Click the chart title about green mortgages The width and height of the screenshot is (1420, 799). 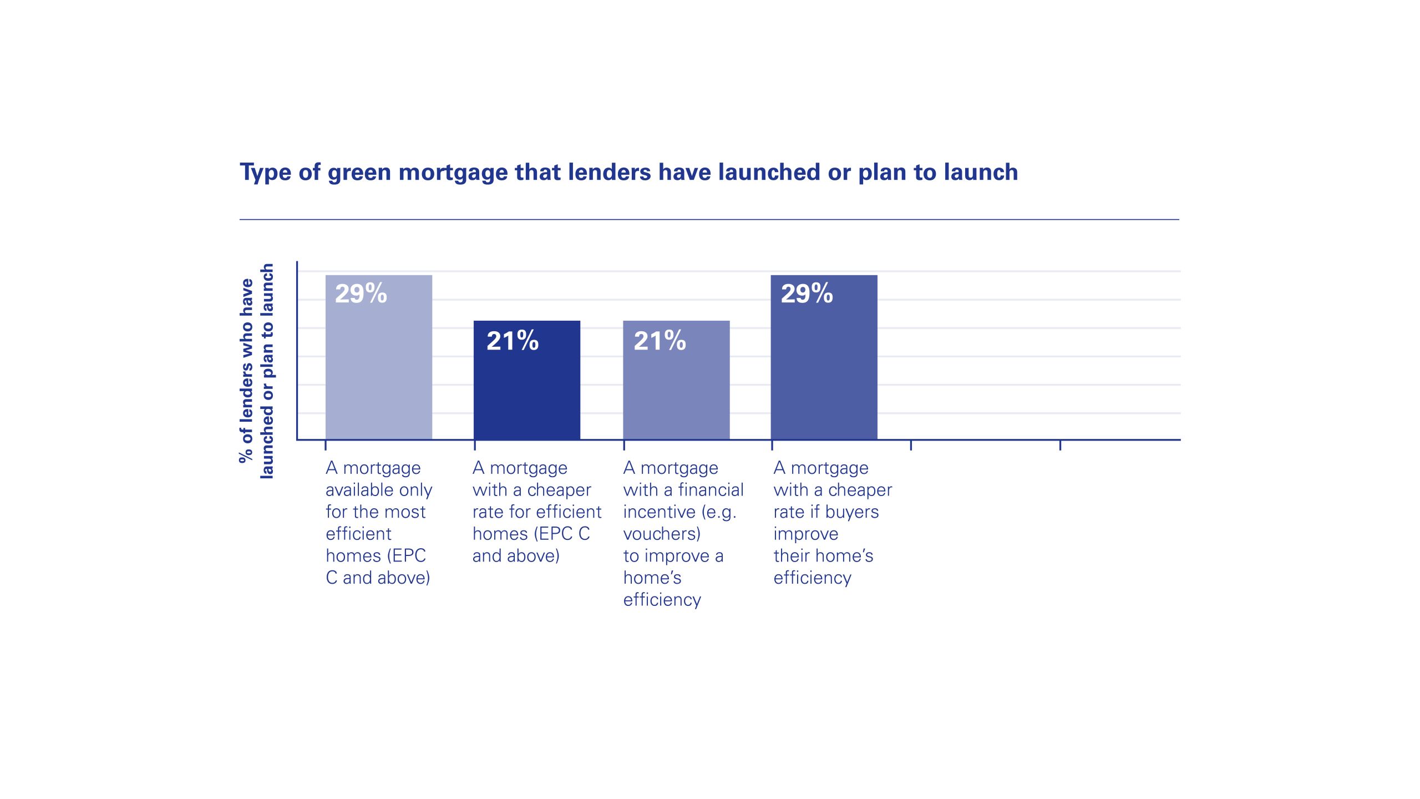coord(628,172)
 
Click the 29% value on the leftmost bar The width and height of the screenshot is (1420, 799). coord(361,294)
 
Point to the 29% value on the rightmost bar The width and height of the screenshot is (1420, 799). coord(807,294)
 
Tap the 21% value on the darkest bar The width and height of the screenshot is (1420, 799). coord(512,341)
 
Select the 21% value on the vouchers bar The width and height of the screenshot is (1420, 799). coord(660,341)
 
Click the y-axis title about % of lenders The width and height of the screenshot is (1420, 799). coord(256,371)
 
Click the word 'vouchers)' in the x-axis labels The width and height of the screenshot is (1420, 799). coord(662,534)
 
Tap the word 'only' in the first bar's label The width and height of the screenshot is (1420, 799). coord(419,490)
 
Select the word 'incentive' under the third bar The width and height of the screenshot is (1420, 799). coord(660,512)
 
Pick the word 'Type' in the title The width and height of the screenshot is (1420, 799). coord(265,172)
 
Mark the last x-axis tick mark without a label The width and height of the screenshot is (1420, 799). coord(1060,445)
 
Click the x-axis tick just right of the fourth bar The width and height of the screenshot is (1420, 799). coord(911,445)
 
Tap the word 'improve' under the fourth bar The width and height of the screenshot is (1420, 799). coord(805,534)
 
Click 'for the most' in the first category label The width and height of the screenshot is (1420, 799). coord(376,512)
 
